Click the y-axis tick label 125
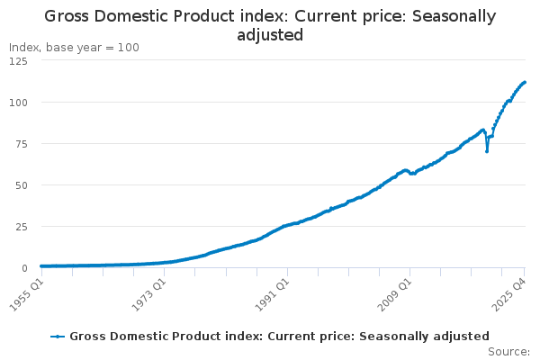(x=17, y=60)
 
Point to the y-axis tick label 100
(x=17, y=103)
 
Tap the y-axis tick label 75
(x=21, y=144)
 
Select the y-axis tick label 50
(x=21, y=185)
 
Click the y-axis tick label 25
(x=21, y=227)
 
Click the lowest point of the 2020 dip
(x=487, y=151)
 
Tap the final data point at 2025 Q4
(x=525, y=82)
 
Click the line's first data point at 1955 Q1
(x=40, y=266)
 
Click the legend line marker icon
(x=58, y=336)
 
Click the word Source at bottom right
(x=508, y=351)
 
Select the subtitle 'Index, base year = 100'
(x=74, y=47)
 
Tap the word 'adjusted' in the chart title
(x=270, y=35)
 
